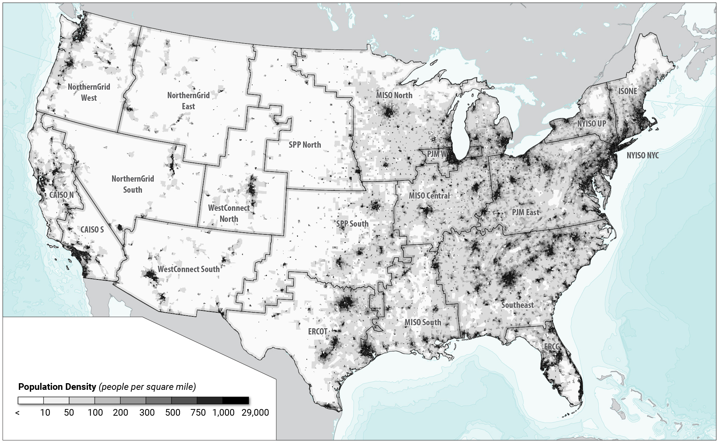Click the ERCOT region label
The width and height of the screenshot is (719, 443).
[x=317, y=332]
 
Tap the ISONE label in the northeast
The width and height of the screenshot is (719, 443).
[x=628, y=91]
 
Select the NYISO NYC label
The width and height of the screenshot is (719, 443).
[x=642, y=155]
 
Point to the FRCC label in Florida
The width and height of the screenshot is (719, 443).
[x=552, y=347]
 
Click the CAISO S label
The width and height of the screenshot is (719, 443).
[x=92, y=230]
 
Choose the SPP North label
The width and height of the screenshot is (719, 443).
[x=305, y=145]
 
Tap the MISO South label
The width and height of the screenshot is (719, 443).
[x=423, y=322]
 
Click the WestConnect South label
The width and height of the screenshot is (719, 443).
[x=188, y=269]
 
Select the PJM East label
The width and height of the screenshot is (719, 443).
[x=525, y=212]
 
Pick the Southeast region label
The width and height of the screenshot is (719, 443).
[x=517, y=305]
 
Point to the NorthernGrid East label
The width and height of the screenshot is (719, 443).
[x=188, y=101]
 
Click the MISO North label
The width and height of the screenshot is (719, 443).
[x=394, y=95]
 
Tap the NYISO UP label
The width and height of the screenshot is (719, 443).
[x=591, y=124]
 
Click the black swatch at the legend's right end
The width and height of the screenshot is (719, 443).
[x=236, y=401]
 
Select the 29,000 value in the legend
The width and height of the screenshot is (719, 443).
[x=255, y=413]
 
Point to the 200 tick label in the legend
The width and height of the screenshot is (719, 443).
[x=121, y=413]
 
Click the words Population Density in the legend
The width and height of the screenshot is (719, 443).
[x=57, y=387]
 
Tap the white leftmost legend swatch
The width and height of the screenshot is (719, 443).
[x=31, y=401]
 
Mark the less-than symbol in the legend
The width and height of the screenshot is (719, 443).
[x=17, y=413]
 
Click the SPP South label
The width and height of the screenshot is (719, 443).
[x=352, y=224]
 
